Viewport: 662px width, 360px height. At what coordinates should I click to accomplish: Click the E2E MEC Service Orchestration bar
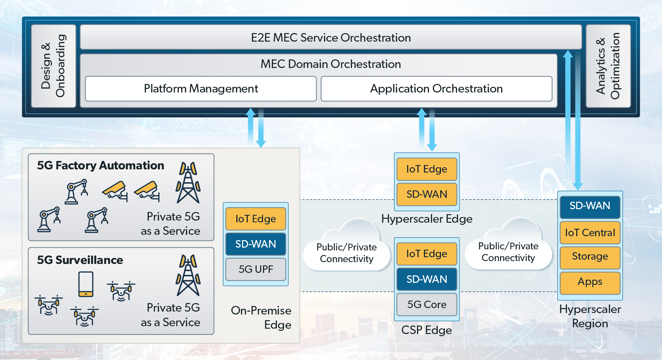coord(331,37)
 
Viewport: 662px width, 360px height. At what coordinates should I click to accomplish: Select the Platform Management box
coord(201,89)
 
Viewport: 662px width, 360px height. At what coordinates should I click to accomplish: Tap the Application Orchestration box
coord(436,89)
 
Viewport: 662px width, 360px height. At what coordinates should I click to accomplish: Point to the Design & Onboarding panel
coord(53,66)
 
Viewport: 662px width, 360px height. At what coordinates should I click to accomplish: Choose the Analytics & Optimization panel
coord(608,66)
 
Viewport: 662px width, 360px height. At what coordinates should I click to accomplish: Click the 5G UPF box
coord(256,269)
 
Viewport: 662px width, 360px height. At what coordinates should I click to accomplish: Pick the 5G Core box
coord(427,305)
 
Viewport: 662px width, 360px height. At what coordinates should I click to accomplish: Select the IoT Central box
coord(590,233)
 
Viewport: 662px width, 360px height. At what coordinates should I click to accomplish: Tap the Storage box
coord(590,256)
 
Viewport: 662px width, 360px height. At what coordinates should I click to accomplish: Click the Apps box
coord(590,282)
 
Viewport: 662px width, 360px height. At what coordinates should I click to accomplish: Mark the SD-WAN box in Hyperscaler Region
coord(590,206)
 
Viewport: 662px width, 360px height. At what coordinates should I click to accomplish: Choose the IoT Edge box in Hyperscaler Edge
coord(427,169)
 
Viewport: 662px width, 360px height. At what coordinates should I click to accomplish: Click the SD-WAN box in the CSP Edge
coord(427,279)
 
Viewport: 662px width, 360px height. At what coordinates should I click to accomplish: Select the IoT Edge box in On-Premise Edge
coord(256,219)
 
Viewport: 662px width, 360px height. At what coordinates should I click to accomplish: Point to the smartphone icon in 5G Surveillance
coord(86,284)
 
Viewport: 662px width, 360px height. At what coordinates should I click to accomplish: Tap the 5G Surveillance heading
coord(80,260)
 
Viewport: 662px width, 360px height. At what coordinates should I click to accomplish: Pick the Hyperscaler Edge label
coord(427,219)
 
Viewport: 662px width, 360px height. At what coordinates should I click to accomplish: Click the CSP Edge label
coord(426,330)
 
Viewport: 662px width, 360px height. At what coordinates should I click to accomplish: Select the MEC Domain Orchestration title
coord(331,64)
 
